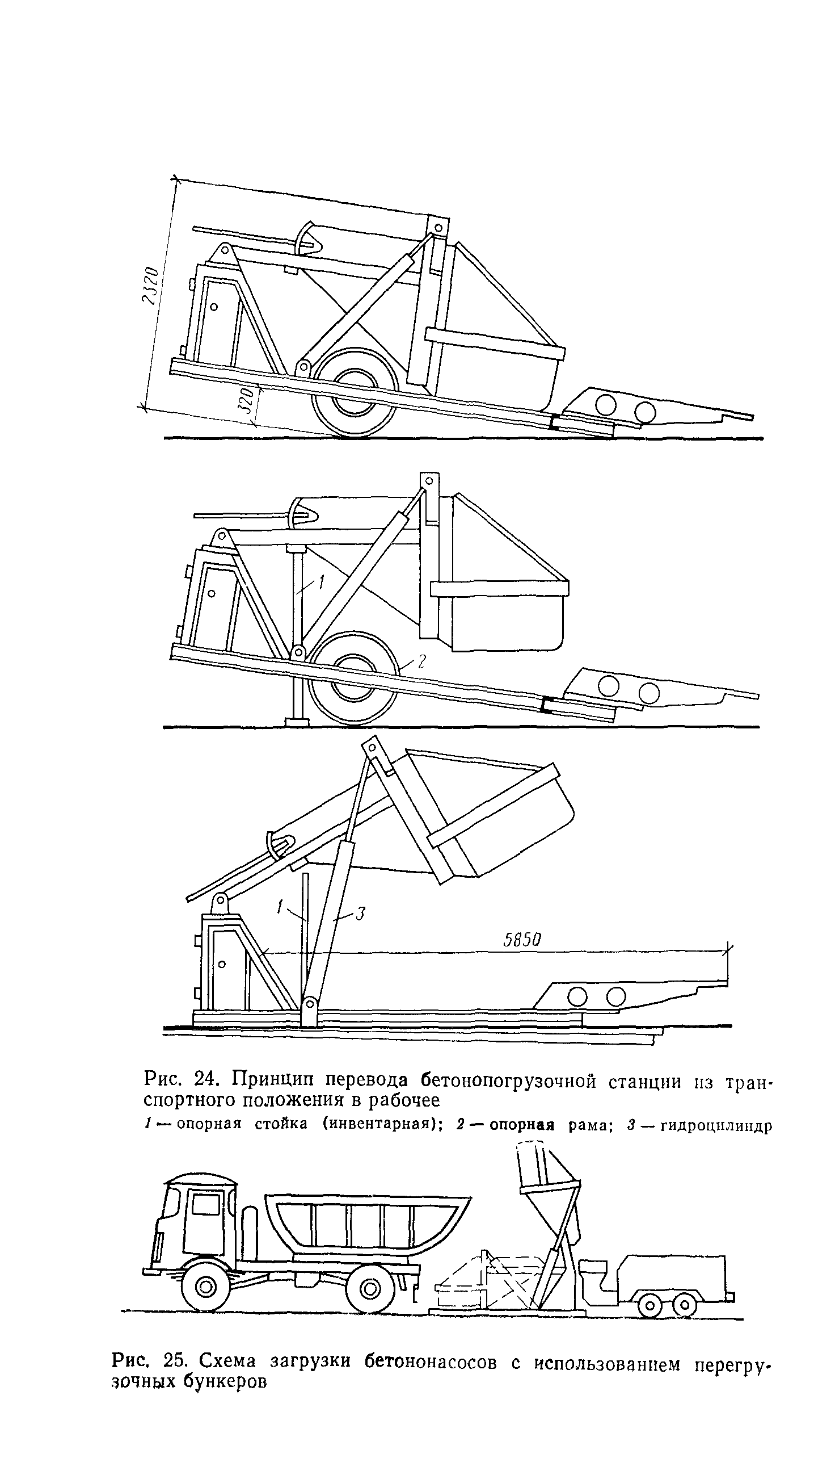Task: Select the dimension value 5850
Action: tap(522, 941)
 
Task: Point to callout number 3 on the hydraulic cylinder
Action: tap(360, 914)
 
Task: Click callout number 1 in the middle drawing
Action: tap(321, 582)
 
